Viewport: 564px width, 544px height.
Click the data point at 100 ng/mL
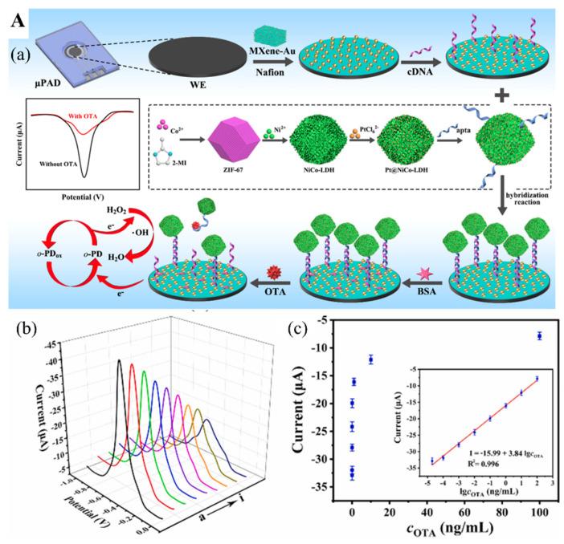(539, 336)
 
